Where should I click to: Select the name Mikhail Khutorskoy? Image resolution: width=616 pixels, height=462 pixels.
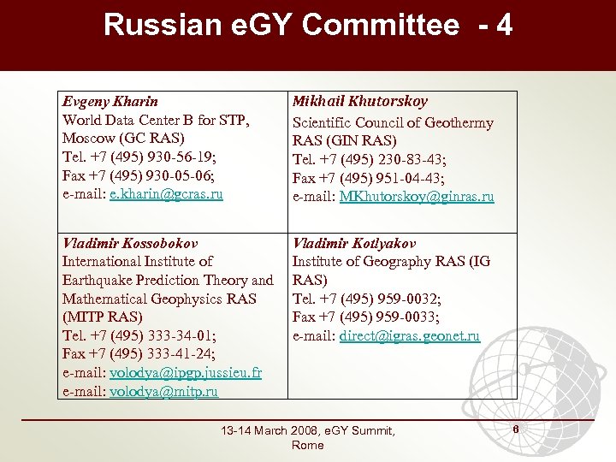pyautogui.click(x=360, y=102)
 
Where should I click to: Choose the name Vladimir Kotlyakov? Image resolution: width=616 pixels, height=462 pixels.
pyautogui.click(x=355, y=243)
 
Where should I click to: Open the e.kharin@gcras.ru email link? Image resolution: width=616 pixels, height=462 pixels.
pyautogui.click(x=166, y=194)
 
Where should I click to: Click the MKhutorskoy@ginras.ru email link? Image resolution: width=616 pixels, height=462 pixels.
pyautogui.click(x=417, y=197)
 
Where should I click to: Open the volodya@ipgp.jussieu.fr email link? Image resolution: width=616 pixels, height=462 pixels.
pyautogui.click(x=186, y=374)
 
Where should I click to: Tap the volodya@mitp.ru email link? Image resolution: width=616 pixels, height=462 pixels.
pyautogui.click(x=163, y=392)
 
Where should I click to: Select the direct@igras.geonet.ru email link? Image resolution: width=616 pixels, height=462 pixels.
pyautogui.click(x=409, y=336)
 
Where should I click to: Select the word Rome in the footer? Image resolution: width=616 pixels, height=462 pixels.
pyautogui.click(x=308, y=446)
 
